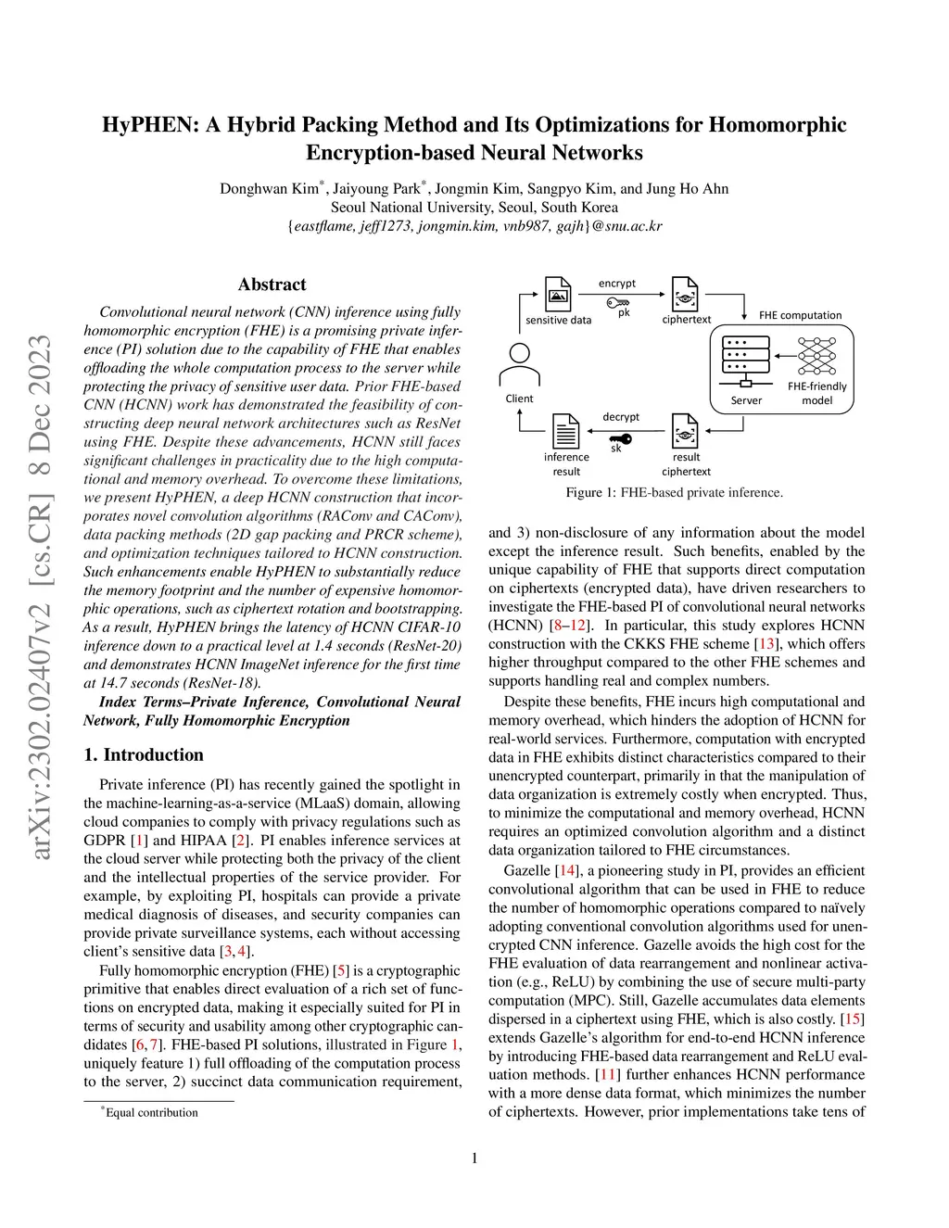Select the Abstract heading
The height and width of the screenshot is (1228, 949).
[272, 285]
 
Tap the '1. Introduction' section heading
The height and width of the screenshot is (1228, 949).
[144, 754]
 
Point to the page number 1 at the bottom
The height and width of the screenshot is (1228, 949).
[474, 1158]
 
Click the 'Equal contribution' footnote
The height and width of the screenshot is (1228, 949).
[151, 1112]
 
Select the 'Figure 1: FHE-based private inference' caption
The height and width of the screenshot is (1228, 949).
[674, 492]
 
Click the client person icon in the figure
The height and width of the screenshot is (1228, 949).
[520, 365]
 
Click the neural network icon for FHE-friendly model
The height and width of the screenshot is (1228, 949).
[816, 356]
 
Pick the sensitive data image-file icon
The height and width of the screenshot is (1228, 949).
[558, 294]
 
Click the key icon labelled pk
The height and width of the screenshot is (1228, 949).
[618, 302]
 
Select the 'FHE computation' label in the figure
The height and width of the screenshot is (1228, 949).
[800, 315]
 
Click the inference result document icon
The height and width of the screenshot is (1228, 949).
[565, 431]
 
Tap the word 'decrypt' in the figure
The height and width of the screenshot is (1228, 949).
[621, 417]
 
